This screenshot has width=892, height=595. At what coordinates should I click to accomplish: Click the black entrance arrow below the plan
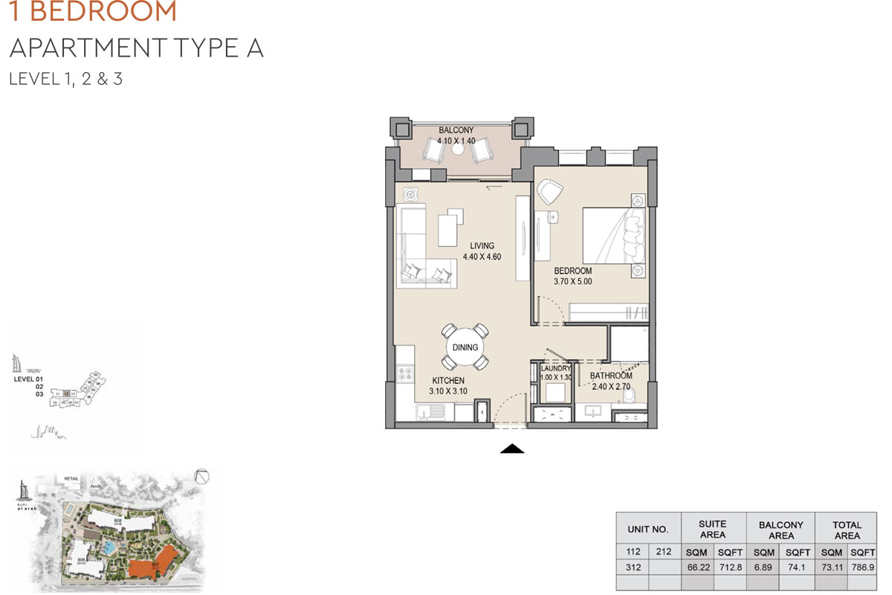pos(513,448)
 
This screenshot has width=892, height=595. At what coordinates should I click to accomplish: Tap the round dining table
pos(465,347)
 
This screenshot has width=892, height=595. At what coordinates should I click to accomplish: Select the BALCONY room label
pos(456,130)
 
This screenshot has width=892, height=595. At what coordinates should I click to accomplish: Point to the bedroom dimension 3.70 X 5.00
pos(572,282)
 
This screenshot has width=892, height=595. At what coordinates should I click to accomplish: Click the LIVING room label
pos(482,246)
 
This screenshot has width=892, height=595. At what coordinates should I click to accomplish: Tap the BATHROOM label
pos(611,376)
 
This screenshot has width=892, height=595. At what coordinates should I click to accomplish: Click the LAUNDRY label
pos(555,368)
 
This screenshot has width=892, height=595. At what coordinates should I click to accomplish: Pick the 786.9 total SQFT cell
pos(862,566)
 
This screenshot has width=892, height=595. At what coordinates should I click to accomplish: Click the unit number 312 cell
pos(633,566)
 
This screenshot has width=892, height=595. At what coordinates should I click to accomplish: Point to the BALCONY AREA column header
pos(780,530)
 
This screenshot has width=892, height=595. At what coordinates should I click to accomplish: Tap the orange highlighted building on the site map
pos(152,561)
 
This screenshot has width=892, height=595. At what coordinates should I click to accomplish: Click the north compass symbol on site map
pos(201,478)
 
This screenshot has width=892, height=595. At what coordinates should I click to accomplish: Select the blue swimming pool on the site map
pos(110,548)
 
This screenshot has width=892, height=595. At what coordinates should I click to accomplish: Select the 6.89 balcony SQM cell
pos(765,566)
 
